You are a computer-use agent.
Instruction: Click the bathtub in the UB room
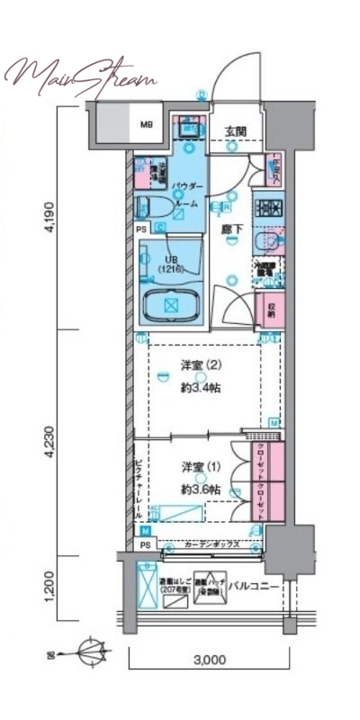tap(171, 307)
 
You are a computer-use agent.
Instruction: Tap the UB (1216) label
tap(169, 264)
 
